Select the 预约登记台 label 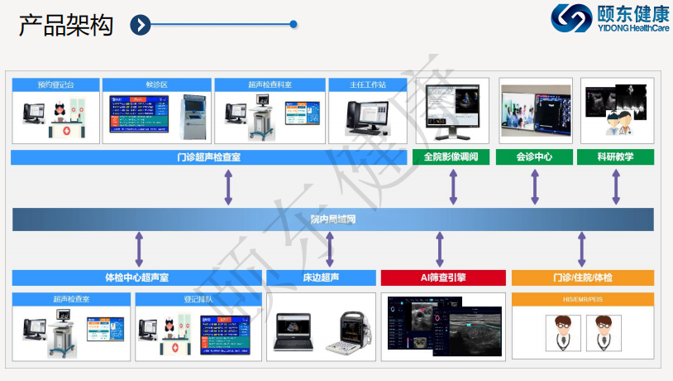(55, 84)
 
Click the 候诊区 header (156, 84)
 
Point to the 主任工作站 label (368, 84)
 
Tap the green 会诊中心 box (534, 157)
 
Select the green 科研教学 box (615, 157)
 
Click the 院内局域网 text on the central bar (332, 219)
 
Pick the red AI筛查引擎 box (442, 277)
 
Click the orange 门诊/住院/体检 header (582, 277)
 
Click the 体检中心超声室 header (137, 277)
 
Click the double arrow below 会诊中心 (535, 187)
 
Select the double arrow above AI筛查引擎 (440, 249)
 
